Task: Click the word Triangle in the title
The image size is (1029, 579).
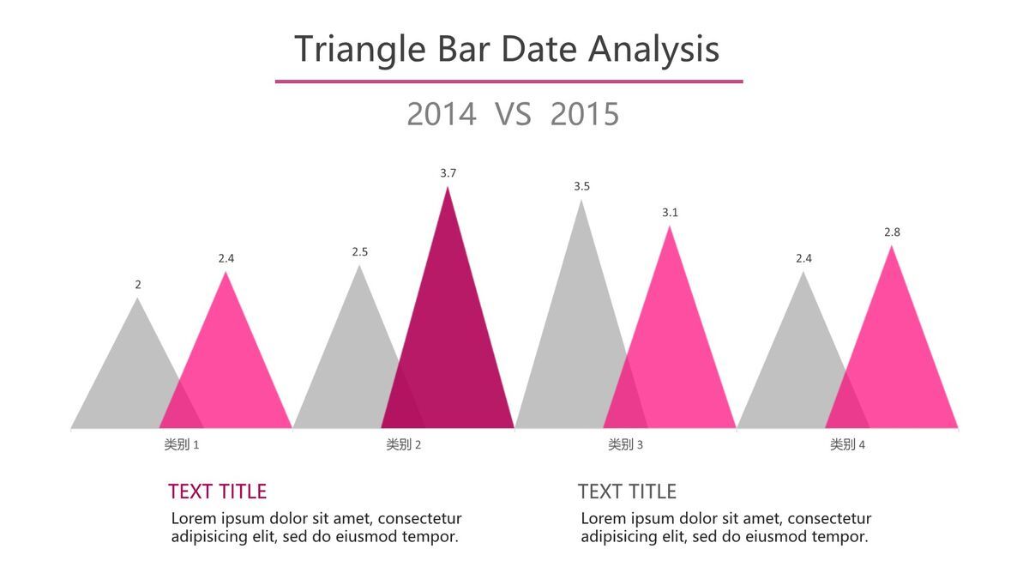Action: (x=359, y=50)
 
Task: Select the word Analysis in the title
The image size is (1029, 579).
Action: (x=653, y=50)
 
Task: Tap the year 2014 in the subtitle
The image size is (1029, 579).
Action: (x=442, y=114)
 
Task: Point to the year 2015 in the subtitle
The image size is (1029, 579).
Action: (x=585, y=114)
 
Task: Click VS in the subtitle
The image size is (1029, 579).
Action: (x=513, y=114)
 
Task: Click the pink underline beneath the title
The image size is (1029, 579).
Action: (x=509, y=81)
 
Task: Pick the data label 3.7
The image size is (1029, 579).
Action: (x=448, y=173)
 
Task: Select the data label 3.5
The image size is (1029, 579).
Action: (x=581, y=187)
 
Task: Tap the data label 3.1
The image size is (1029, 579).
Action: (x=670, y=213)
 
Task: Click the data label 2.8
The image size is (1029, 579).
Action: (x=892, y=232)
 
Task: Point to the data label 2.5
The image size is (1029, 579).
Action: (x=359, y=252)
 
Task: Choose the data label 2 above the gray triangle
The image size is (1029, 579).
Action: (x=138, y=285)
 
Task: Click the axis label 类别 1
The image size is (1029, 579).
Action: (x=182, y=444)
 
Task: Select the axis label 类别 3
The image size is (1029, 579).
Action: (x=625, y=444)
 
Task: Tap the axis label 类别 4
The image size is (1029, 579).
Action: (x=847, y=444)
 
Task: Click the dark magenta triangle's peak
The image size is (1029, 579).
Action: (x=448, y=187)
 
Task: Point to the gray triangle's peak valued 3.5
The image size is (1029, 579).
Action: (x=581, y=200)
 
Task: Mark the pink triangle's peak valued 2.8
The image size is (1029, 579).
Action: (x=892, y=246)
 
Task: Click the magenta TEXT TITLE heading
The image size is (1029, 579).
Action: (x=217, y=492)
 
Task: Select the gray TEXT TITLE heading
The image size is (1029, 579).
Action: (x=627, y=492)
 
